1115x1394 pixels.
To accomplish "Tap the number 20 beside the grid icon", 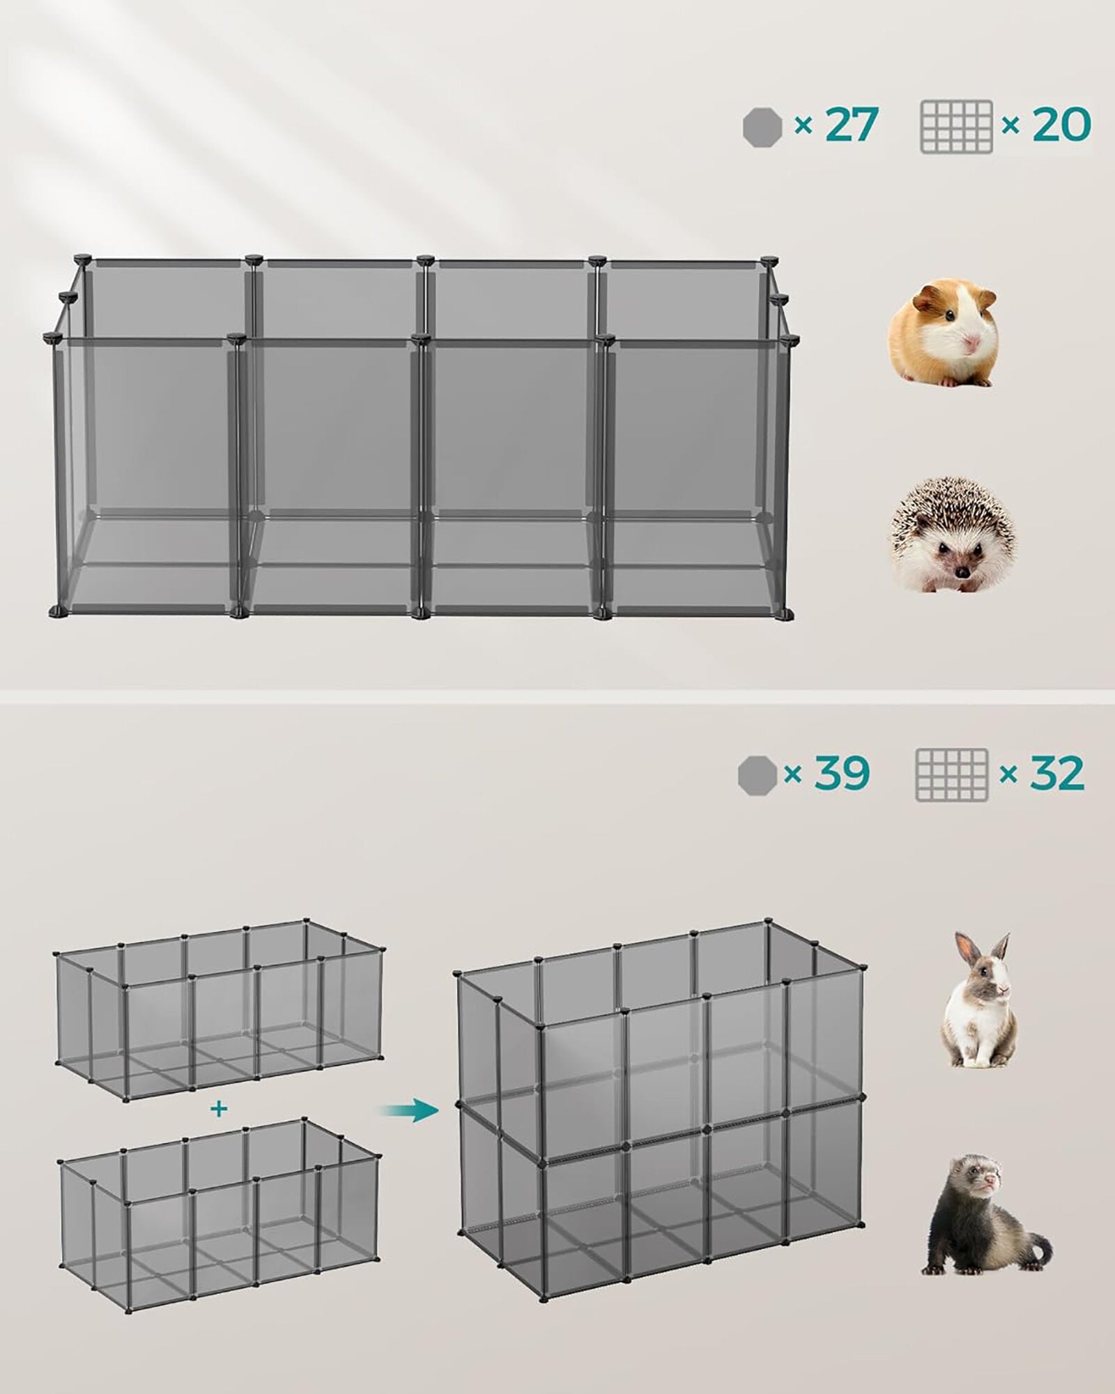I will click(x=1061, y=125).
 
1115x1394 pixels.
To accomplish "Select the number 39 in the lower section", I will click(x=842, y=773).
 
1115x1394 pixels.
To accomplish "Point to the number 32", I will click(x=1056, y=773).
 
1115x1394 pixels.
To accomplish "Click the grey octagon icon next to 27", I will click(x=762, y=128).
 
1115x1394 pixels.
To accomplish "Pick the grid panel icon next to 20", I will click(x=956, y=127).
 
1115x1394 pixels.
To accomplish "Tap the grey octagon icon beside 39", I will click(x=757, y=774).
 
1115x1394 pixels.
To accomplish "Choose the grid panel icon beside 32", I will click(x=951, y=775).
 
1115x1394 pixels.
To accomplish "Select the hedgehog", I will click(x=953, y=535).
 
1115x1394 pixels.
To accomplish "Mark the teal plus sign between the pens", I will click(x=220, y=1109).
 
